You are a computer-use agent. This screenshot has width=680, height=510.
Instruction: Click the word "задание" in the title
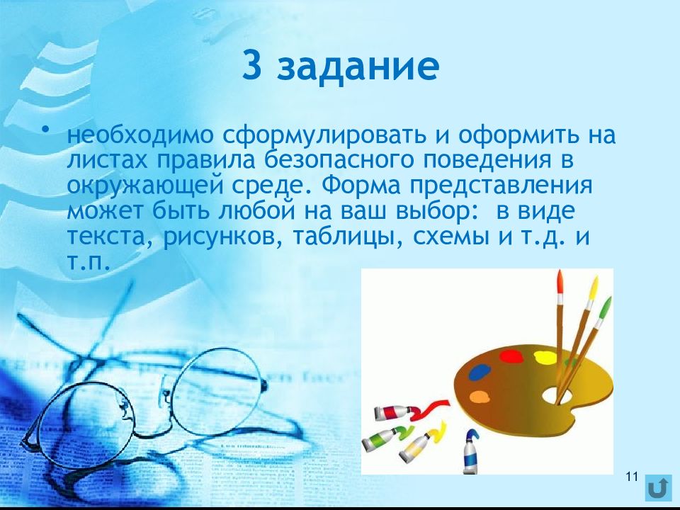click(358, 67)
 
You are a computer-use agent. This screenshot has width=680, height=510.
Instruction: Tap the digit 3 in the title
click(251, 65)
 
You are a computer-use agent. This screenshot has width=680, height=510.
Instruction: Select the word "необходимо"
click(140, 135)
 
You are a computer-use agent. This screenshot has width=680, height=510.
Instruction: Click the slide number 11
click(633, 476)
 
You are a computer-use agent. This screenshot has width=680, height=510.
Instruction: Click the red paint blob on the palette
click(510, 357)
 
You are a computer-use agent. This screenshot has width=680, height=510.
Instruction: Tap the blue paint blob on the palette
click(480, 372)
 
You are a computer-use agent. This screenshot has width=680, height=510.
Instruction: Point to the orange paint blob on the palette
click(479, 397)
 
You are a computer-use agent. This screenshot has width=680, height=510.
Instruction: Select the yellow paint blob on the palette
click(545, 357)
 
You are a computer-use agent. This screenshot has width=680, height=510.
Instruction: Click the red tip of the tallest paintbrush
click(560, 281)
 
